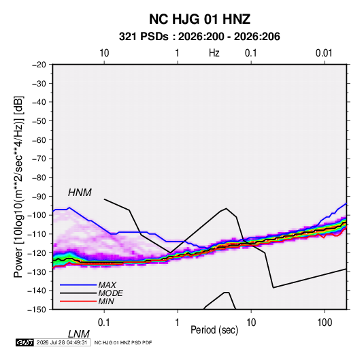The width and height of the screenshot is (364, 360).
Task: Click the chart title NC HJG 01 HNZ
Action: click(x=199, y=19)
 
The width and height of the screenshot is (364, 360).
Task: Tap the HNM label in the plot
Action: click(x=80, y=193)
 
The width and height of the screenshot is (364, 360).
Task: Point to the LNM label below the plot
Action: click(x=79, y=334)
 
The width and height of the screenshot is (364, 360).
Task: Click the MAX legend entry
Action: click(x=107, y=284)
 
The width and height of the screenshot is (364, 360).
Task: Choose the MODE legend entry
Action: click(x=110, y=293)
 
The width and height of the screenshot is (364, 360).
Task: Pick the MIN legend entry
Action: click(x=106, y=301)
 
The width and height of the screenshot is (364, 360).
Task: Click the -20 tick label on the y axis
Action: click(x=39, y=65)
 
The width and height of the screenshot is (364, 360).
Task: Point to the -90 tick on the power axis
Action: click(x=39, y=196)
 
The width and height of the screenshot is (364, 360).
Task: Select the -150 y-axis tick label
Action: click(x=37, y=310)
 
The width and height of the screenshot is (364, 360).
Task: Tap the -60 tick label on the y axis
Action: click(x=39, y=140)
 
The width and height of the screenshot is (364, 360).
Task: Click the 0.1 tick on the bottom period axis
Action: click(x=103, y=323)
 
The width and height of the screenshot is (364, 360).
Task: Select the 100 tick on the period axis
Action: click(x=325, y=323)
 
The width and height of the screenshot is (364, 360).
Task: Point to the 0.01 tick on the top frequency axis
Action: click(x=324, y=53)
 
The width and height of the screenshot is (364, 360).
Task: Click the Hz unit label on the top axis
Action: click(x=214, y=53)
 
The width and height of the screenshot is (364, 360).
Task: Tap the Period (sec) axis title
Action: click(x=214, y=330)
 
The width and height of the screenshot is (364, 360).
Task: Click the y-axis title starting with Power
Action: click(x=19, y=187)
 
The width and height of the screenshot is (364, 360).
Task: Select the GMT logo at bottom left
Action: click(x=24, y=342)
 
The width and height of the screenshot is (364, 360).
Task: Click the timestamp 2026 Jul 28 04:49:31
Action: click(x=62, y=342)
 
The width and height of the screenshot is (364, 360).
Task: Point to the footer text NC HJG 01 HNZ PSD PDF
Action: click(x=123, y=342)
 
